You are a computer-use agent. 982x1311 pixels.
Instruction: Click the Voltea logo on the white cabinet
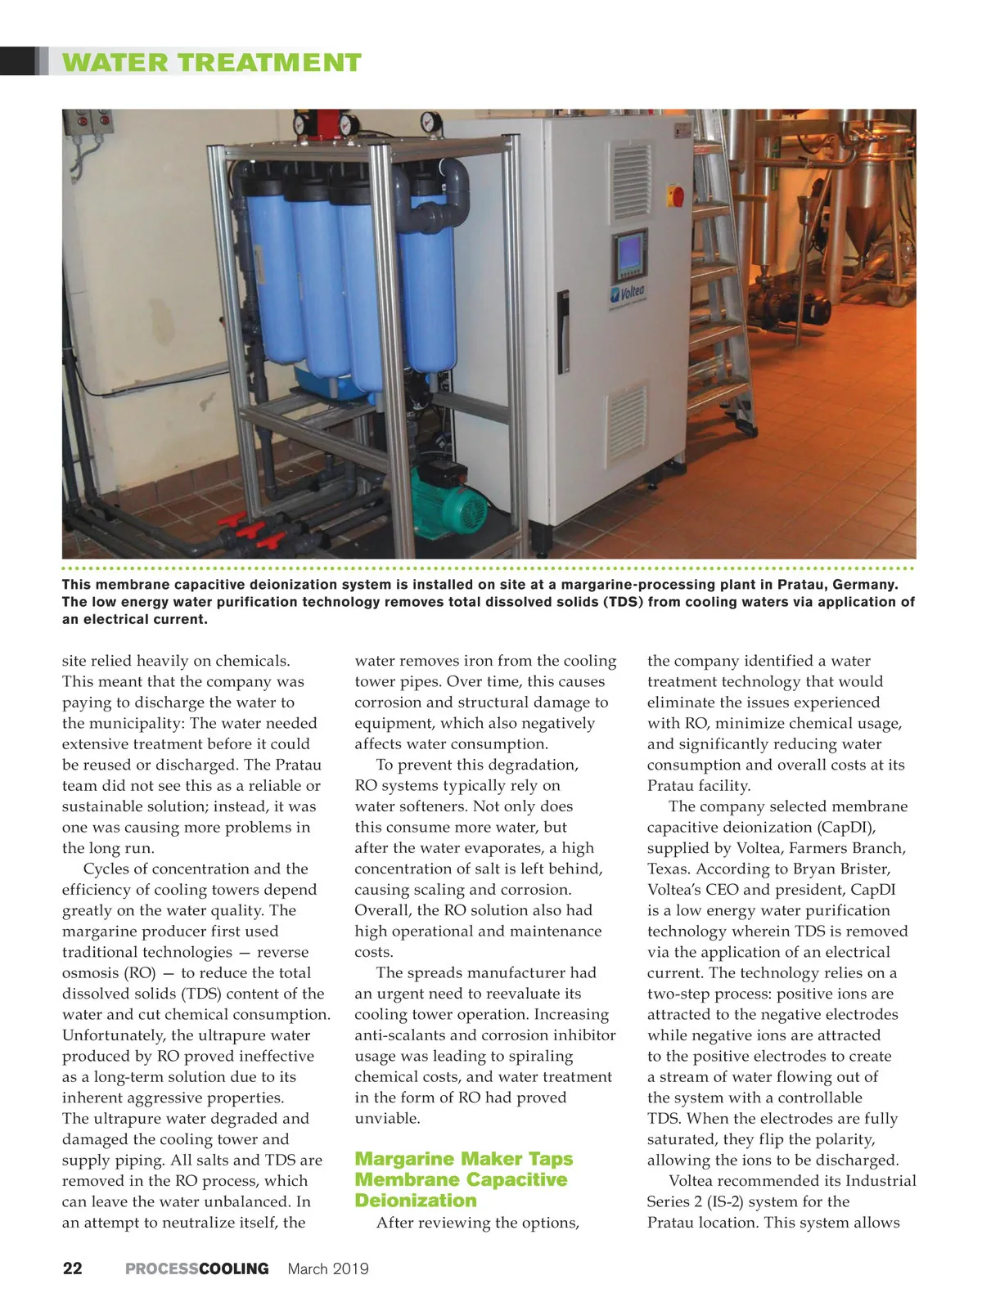coord(628,292)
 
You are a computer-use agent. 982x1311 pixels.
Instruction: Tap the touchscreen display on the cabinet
coord(630,256)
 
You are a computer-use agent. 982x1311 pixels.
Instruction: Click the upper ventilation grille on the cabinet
coord(632,182)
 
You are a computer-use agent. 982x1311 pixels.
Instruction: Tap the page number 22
coord(72,1268)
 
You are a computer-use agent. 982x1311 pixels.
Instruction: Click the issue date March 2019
coord(328,1268)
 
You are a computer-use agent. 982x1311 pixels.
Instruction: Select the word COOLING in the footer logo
coord(234,1268)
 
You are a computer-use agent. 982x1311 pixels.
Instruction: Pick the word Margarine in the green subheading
coord(405,1159)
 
